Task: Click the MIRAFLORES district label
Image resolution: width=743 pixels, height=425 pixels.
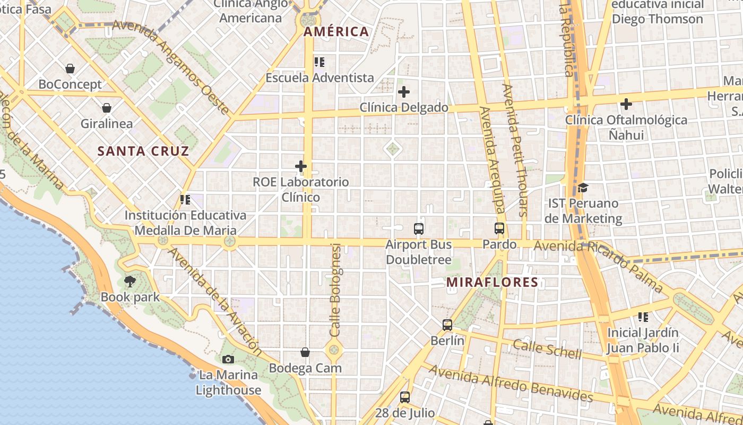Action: (x=493, y=282)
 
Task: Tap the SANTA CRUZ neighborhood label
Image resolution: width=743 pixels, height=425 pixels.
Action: (x=143, y=151)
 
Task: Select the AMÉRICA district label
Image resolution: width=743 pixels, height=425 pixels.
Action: (x=336, y=31)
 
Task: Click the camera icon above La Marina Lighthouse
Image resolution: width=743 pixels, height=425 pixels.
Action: (x=228, y=360)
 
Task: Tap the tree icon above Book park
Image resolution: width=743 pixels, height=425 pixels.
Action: (x=130, y=282)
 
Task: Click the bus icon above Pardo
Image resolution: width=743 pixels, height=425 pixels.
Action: (x=499, y=228)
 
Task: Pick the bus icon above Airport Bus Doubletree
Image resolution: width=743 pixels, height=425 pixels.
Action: (x=419, y=229)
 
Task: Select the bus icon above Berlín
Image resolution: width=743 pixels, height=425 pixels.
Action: (x=447, y=325)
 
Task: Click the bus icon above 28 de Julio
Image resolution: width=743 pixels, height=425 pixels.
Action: (x=405, y=397)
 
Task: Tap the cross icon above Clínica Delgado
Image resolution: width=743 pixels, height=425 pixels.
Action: (x=404, y=92)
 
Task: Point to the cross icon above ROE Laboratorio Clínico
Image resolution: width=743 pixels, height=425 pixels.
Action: (x=301, y=167)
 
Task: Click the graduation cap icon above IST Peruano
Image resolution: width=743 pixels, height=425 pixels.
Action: (x=583, y=188)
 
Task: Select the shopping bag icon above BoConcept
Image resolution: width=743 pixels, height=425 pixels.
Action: (x=70, y=69)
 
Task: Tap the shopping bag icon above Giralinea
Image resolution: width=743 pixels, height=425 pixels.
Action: (x=107, y=108)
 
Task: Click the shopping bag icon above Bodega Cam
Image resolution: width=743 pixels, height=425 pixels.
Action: (x=305, y=352)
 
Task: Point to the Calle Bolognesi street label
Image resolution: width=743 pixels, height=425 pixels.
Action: (x=335, y=290)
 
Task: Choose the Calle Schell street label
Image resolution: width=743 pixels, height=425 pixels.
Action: (x=547, y=348)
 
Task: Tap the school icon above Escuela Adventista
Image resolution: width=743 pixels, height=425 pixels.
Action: (x=319, y=62)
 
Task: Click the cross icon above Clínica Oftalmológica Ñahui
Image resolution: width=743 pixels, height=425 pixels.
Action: (x=626, y=104)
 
